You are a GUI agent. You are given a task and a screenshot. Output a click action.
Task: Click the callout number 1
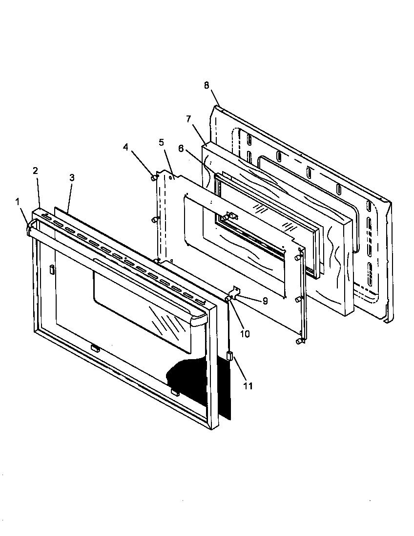18,201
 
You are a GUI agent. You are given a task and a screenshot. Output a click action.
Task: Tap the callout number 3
72,178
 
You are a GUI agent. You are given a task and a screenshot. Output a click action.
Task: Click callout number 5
162,142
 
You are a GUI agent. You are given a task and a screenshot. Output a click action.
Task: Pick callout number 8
207,85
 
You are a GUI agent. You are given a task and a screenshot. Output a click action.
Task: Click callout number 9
265,301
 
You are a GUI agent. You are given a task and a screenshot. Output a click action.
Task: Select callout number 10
245,334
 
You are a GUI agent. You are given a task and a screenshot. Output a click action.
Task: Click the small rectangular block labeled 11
229,357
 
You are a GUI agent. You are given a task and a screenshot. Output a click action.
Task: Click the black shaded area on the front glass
195,380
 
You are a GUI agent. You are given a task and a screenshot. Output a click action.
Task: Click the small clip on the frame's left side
51,269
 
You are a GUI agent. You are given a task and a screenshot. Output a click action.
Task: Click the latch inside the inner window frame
230,216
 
